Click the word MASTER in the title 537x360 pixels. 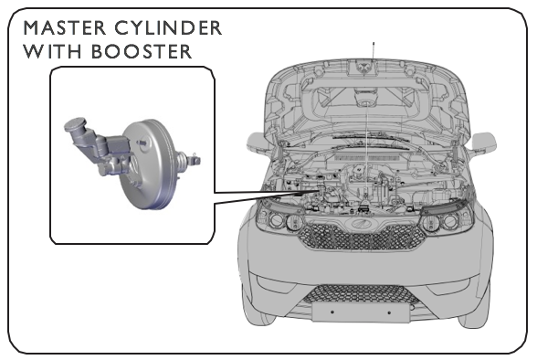[x=64, y=27]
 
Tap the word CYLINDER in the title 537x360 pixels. [x=168, y=27]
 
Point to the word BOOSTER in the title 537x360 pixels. [x=142, y=51]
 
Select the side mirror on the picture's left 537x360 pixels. [x=258, y=143]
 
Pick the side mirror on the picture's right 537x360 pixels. [x=484, y=143]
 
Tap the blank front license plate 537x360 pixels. [x=361, y=312]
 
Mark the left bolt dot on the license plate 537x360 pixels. [x=332, y=312]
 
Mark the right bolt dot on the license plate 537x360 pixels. [x=389, y=312]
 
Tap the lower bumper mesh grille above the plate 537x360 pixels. [x=362, y=293]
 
